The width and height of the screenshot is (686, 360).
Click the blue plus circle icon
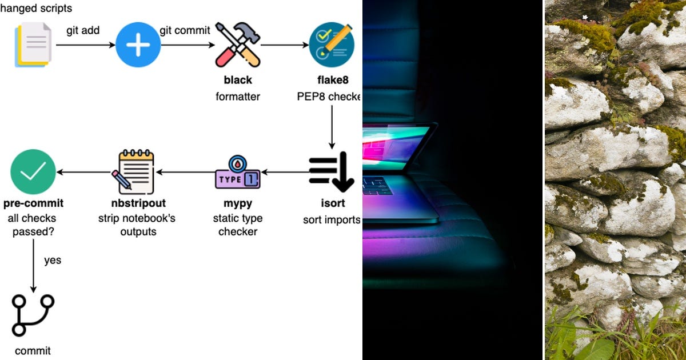(x=138, y=45)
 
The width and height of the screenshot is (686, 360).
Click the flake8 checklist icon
(x=332, y=45)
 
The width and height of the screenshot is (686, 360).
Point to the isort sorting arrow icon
(x=332, y=172)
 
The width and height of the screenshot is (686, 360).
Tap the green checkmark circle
(x=33, y=171)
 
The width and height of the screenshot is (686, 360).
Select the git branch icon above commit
(x=33, y=315)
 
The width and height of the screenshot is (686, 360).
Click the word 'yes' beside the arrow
(x=53, y=260)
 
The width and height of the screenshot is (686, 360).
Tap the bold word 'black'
(x=238, y=80)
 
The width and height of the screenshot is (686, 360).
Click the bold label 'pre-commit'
(x=33, y=203)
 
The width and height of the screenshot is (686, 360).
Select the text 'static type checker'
(x=238, y=225)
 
